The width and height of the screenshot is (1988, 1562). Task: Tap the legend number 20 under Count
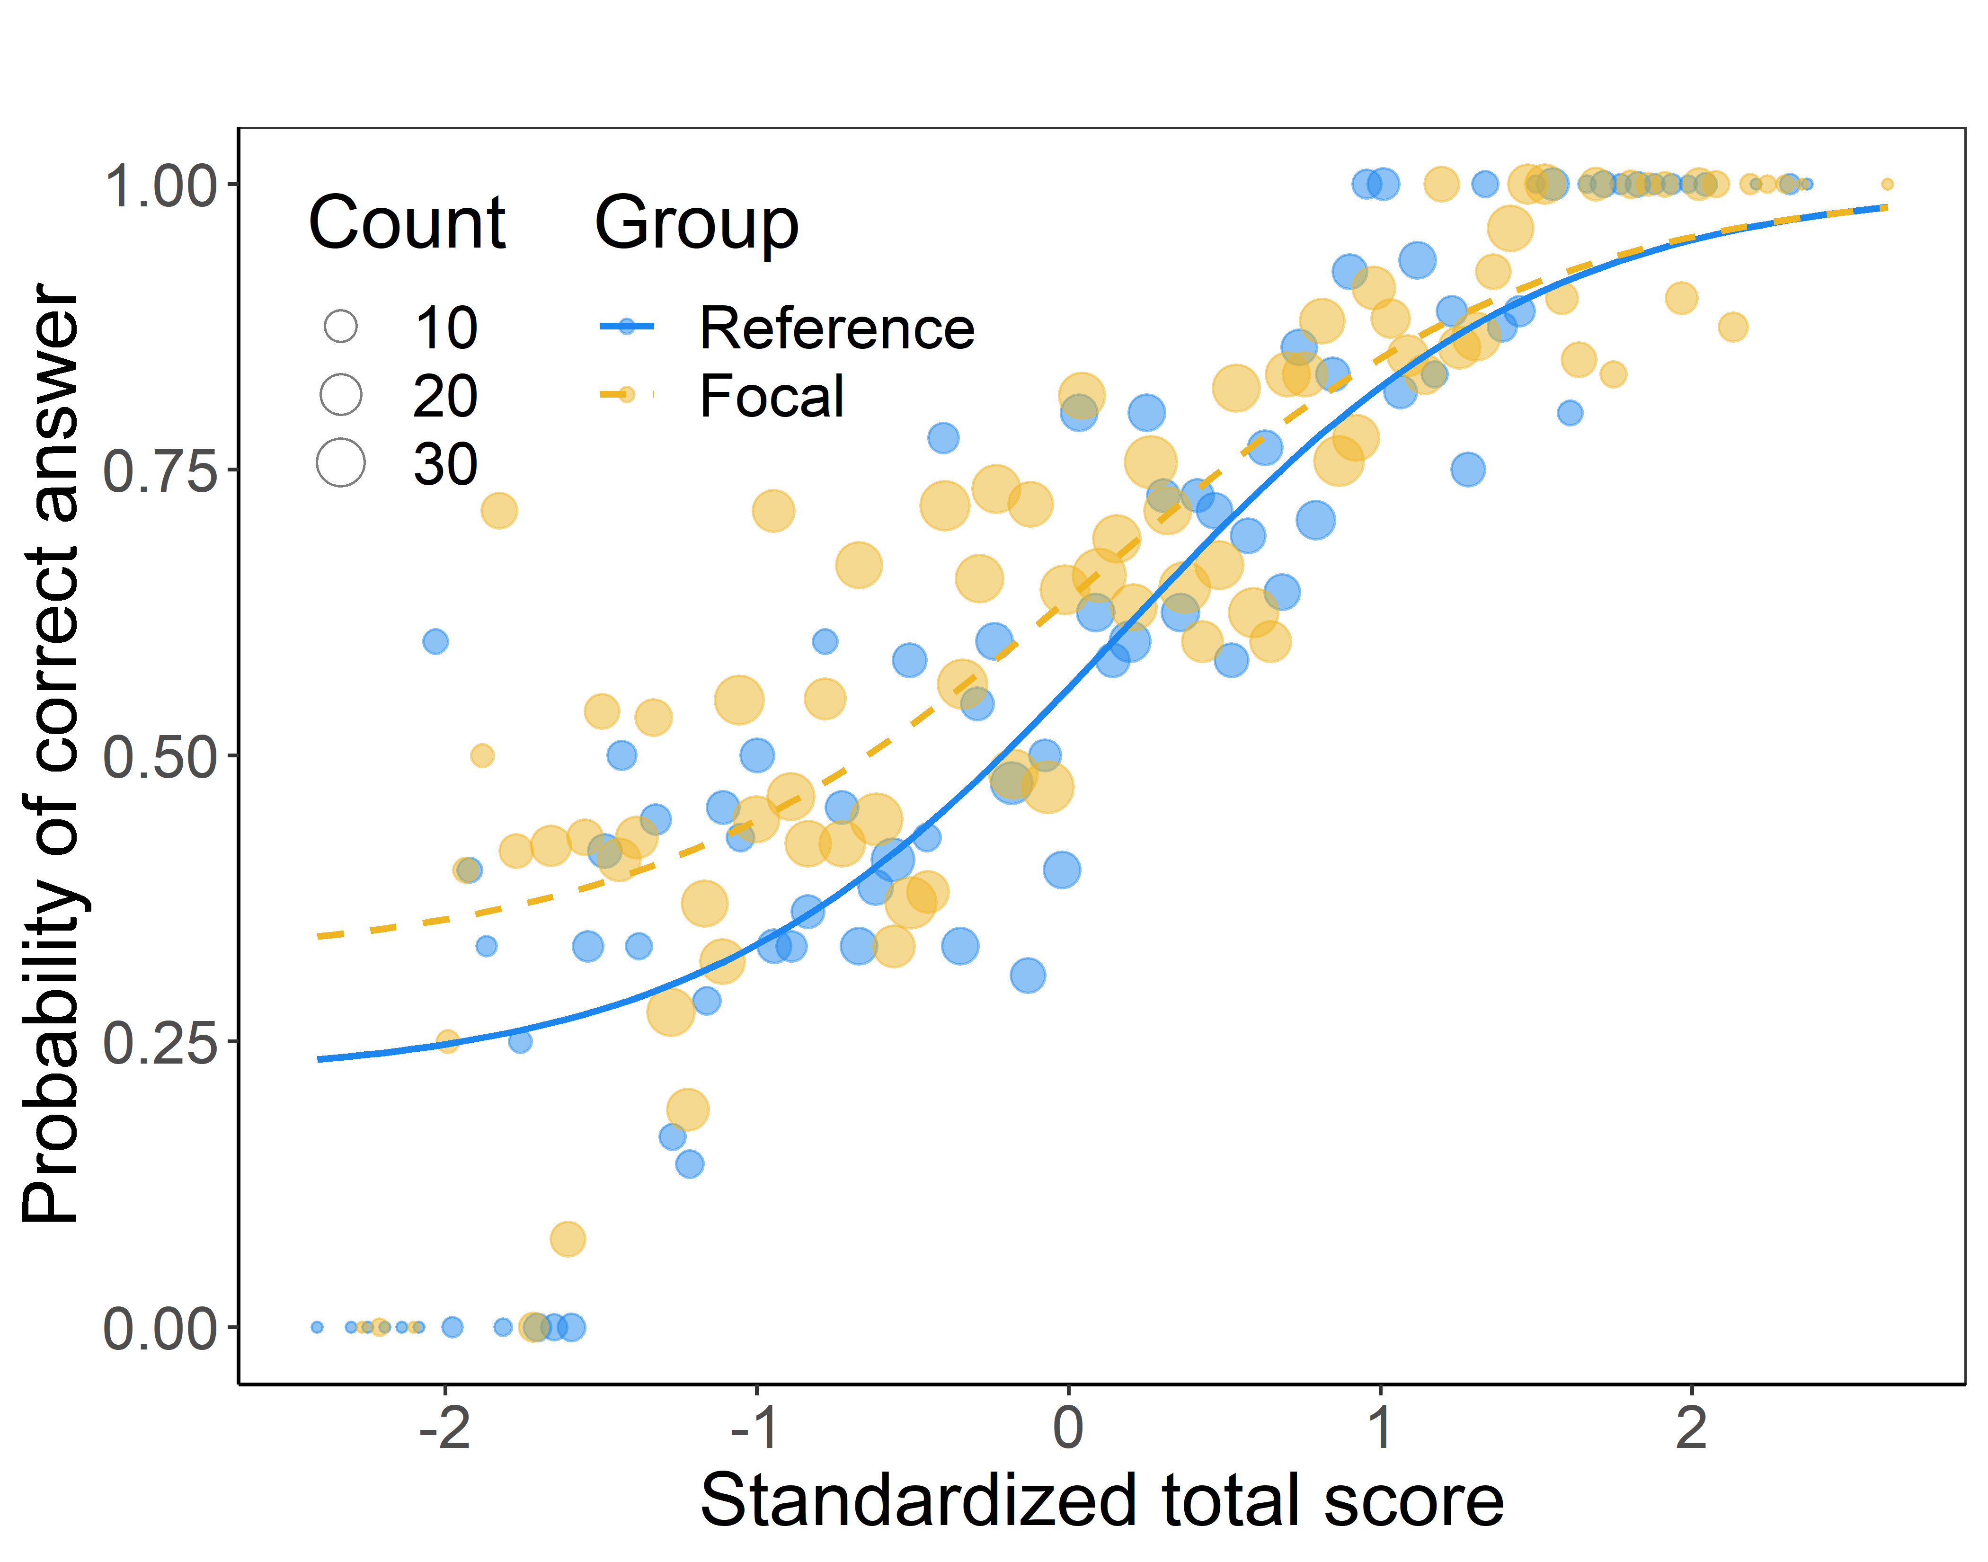445,396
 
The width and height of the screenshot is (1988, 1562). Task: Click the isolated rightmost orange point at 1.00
1887,184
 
